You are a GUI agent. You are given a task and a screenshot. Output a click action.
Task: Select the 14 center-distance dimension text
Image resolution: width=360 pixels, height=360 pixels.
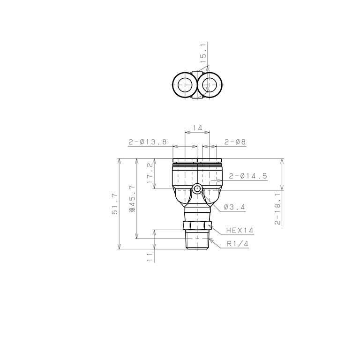[x=197, y=128]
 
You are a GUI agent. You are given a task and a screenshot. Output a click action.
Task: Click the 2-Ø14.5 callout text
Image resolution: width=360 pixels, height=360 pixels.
[x=248, y=176]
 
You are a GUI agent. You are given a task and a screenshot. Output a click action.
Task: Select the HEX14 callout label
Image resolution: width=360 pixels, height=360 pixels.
[x=239, y=230]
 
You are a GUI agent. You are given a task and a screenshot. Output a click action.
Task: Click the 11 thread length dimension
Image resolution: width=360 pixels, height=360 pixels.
[x=150, y=256]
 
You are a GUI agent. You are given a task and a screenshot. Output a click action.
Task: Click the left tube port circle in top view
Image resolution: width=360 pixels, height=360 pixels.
[x=184, y=85]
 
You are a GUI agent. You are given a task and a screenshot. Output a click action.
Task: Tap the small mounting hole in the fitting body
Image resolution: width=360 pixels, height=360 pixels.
[x=197, y=189]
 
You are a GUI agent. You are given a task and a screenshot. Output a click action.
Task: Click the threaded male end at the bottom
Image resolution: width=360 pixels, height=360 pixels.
[x=197, y=240]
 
